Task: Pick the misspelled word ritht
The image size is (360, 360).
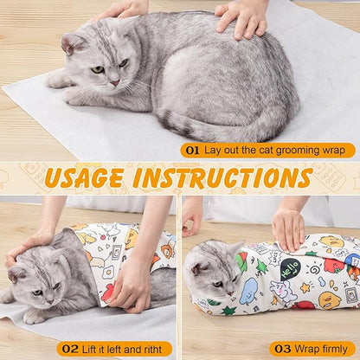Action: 153,349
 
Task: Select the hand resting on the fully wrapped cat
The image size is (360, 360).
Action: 292,227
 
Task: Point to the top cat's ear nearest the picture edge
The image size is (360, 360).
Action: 70,41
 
